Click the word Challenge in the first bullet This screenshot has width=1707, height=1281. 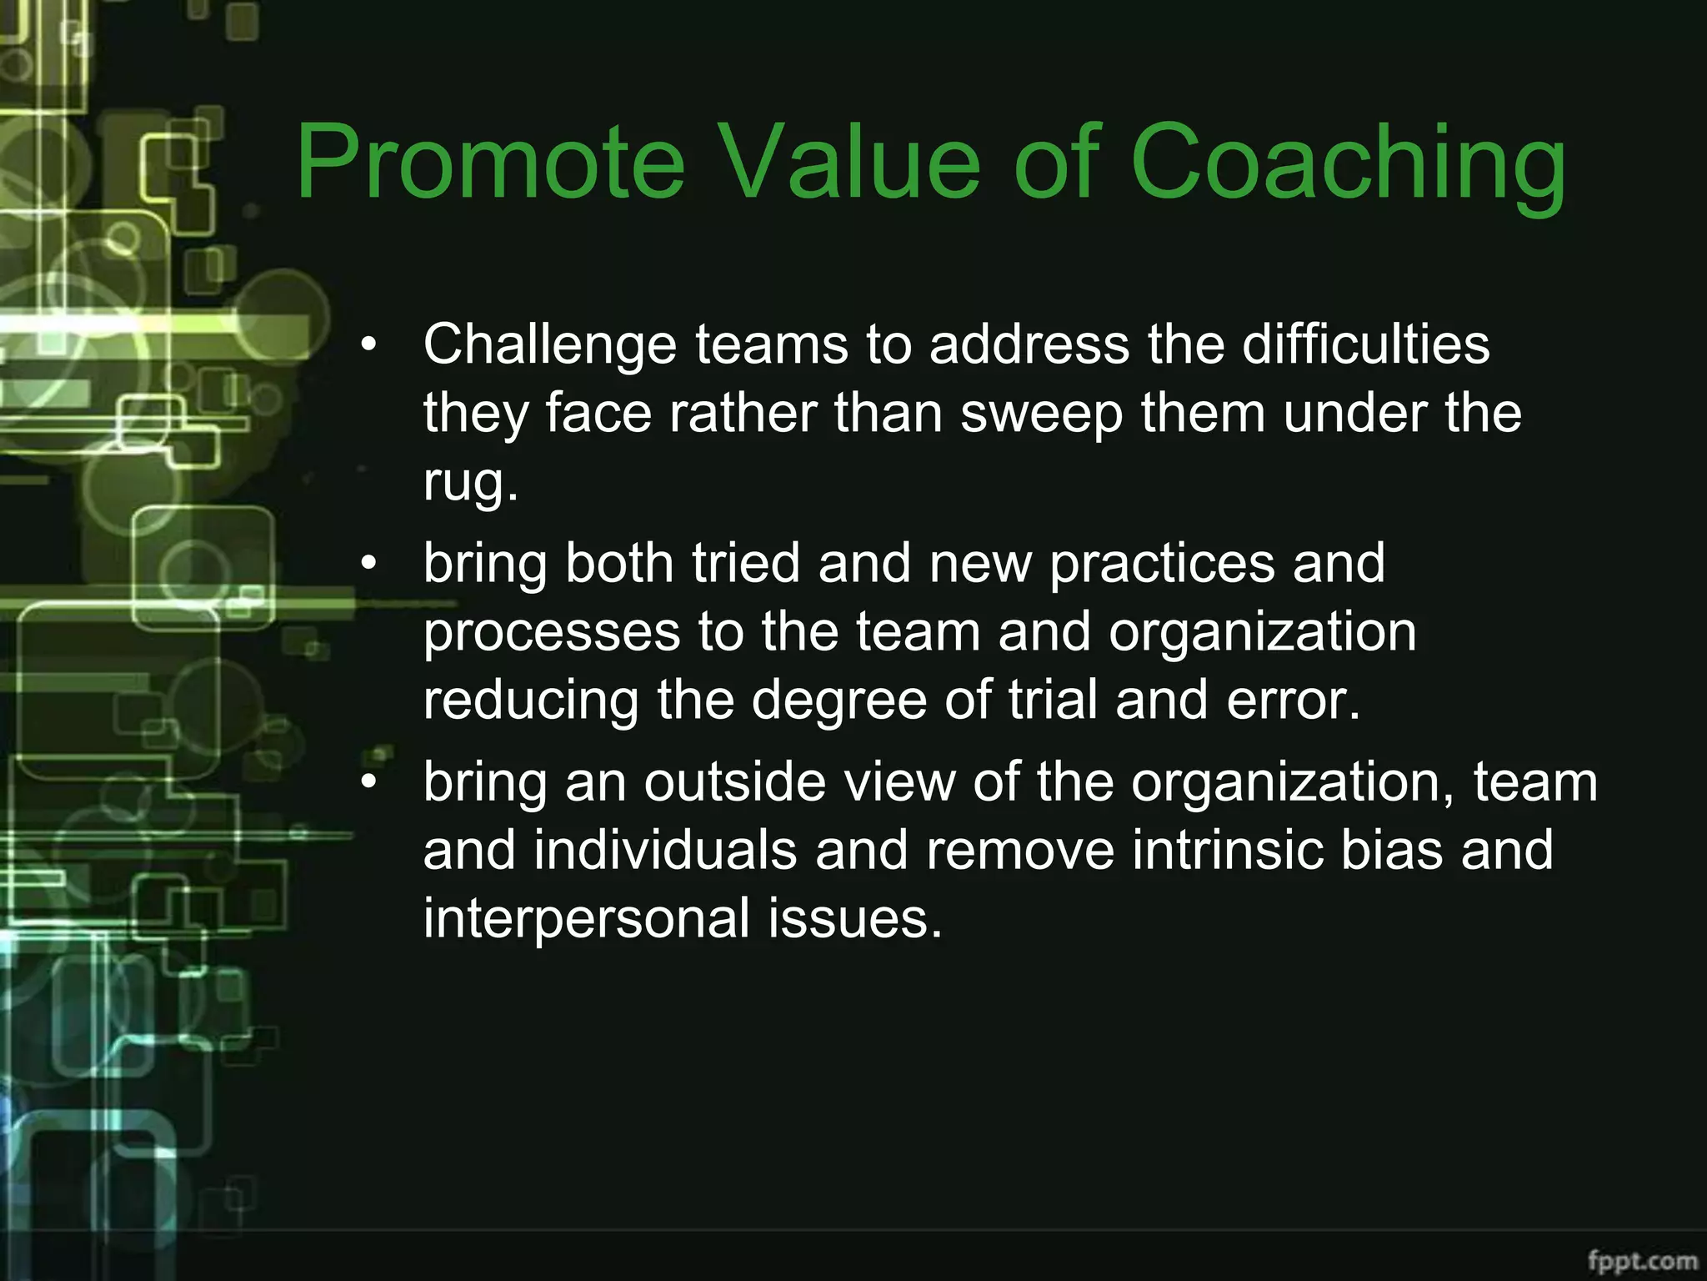click(549, 344)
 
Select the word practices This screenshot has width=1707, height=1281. click(1162, 563)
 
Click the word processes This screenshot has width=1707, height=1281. click(551, 632)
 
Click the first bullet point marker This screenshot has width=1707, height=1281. click(368, 344)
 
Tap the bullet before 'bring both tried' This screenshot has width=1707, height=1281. click(368, 564)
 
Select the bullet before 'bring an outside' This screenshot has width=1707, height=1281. click(368, 782)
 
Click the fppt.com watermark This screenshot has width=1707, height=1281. click(1642, 1260)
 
